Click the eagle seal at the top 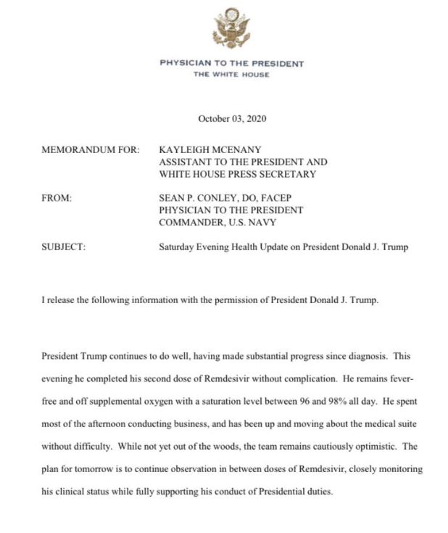click(231, 28)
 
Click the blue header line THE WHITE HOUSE click(231, 75)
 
